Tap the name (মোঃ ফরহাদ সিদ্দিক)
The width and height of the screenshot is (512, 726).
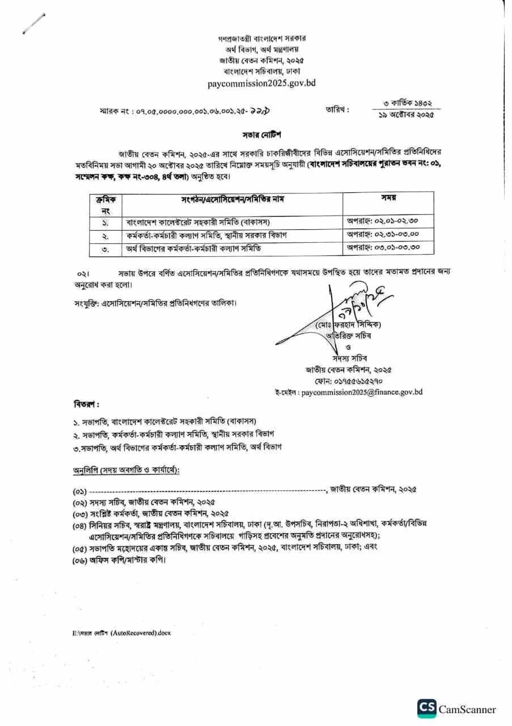pos(349,325)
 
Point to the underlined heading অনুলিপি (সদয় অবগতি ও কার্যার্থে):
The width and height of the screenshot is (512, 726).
pos(126,471)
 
